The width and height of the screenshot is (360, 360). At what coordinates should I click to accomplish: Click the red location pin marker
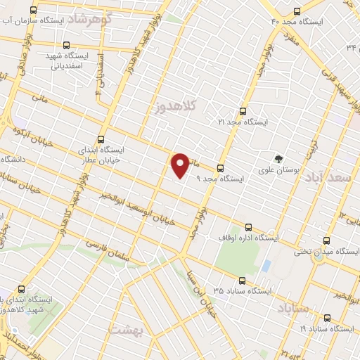click(x=181, y=165)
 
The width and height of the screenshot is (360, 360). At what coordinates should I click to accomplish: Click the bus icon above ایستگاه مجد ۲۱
click(x=243, y=110)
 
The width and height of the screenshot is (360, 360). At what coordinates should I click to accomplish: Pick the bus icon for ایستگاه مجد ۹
click(x=220, y=168)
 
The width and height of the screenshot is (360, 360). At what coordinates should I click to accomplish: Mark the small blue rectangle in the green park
click(x=266, y=266)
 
